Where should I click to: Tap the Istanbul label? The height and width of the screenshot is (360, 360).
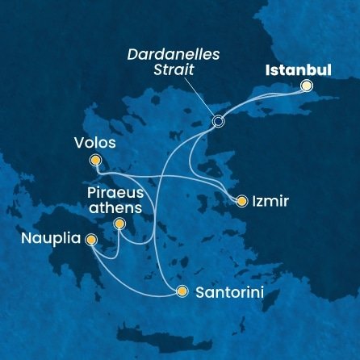(x=299, y=69)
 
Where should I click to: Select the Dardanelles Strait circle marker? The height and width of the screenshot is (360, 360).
(x=217, y=122)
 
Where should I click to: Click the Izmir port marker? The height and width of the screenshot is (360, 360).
(x=241, y=200)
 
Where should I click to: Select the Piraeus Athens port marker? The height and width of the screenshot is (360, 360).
(x=119, y=224)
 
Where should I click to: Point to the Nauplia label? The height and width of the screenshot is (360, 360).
(x=49, y=241)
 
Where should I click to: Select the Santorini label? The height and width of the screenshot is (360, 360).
(x=228, y=291)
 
